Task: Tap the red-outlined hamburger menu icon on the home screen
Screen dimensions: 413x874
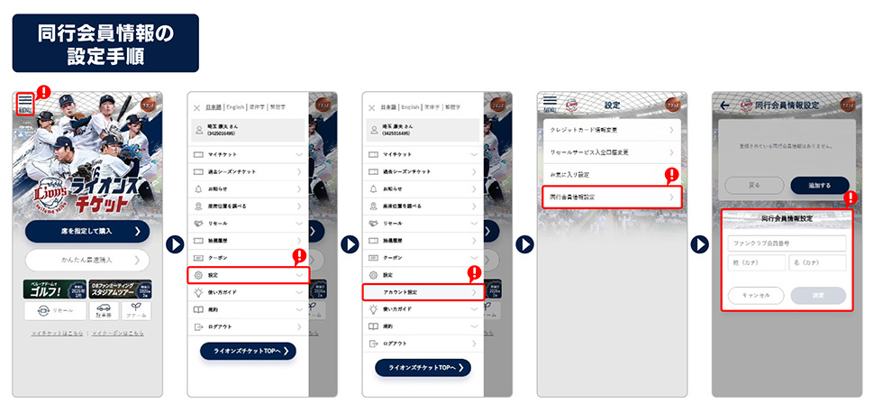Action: click(x=25, y=103)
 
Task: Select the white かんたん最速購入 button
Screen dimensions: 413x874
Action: click(x=86, y=261)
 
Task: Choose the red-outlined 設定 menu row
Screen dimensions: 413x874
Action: click(x=248, y=274)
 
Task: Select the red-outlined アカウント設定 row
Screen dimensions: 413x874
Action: click(x=423, y=291)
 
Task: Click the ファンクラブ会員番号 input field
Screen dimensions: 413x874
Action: click(x=787, y=243)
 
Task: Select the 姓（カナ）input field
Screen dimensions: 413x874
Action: click(x=756, y=262)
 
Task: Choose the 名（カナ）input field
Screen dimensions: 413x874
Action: click(x=817, y=262)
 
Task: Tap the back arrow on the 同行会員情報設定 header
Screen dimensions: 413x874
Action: click(x=724, y=106)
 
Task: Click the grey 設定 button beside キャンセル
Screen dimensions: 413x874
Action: click(x=817, y=295)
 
